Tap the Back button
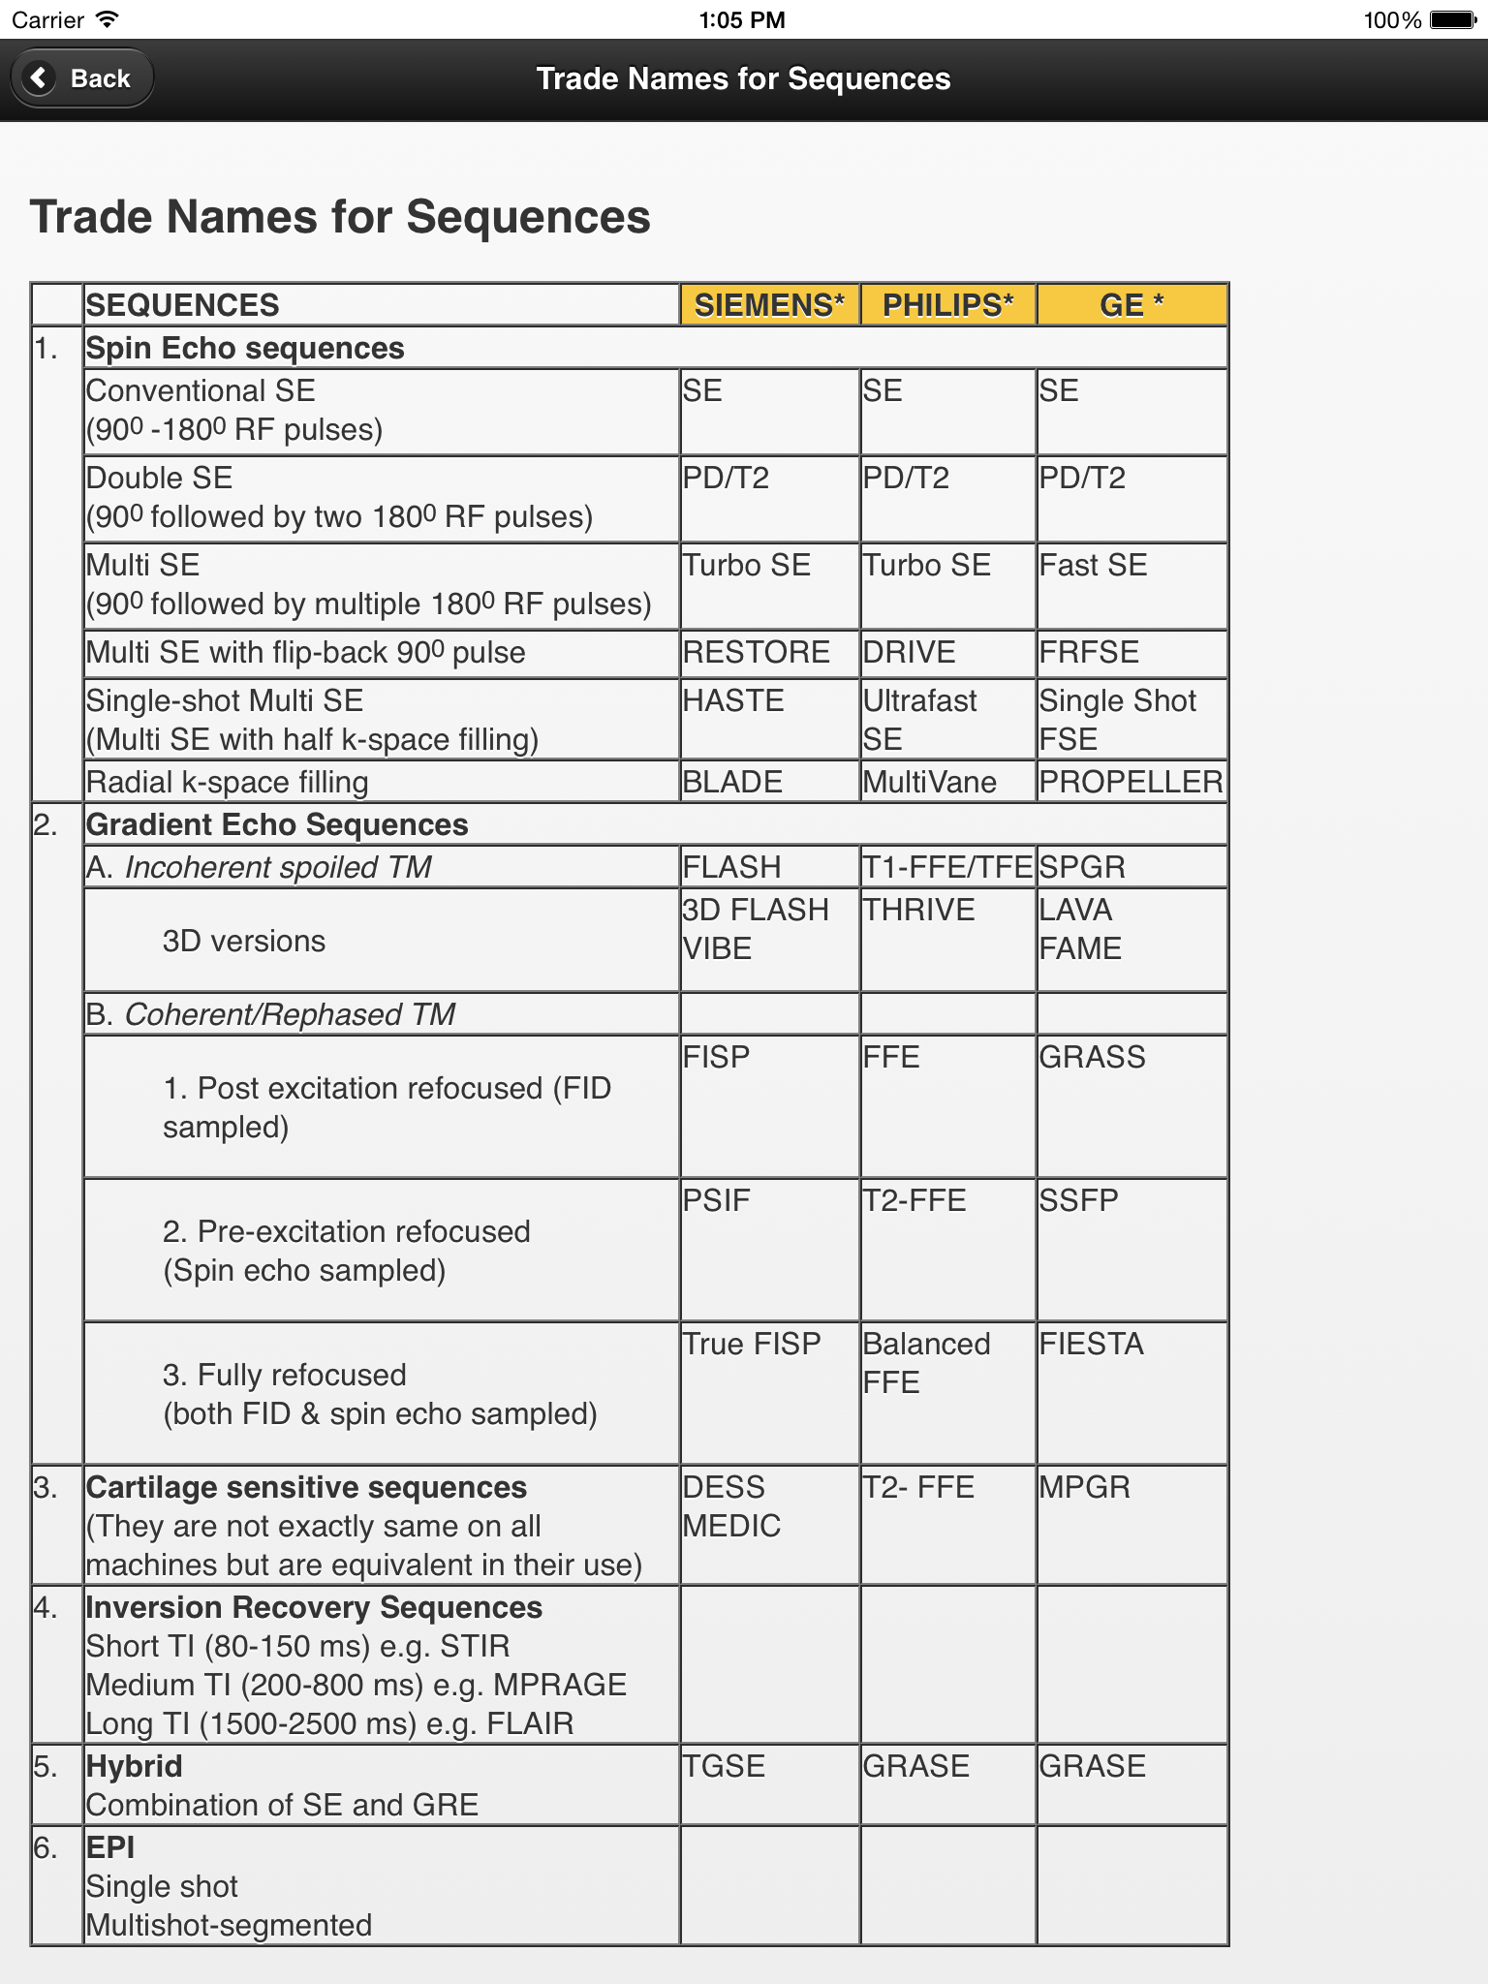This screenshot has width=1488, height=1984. (x=82, y=78)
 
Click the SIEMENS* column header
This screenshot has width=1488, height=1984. (x=769, y=305)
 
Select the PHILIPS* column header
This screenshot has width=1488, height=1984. (x=947, y=305)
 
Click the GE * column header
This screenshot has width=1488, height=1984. (x=1131, y=305)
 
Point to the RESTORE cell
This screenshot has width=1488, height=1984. (x=757, y=652)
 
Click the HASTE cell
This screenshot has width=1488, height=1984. (x=733, y=700)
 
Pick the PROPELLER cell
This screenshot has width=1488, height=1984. (x=1131, y=782)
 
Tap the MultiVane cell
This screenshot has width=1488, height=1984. (x=929, y=782)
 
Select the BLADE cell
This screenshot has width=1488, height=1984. (x=732, y=782)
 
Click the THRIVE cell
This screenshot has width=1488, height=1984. (x=918, y=910)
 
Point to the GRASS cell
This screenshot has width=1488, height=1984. (x=1092, y=1057)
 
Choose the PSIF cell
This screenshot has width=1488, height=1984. (x=717, y=1200)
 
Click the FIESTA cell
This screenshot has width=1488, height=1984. (x=1091, y=1344)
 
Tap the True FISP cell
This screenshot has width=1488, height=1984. (x=752, y=1344)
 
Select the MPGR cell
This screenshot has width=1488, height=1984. (x=1084, y=1487)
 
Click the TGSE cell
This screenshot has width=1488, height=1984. (x=724, y=1766)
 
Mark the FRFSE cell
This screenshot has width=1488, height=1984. (x=1089, y=652)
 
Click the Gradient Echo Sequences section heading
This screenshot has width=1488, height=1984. (x=277, y=824)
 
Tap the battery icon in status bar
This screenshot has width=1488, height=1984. (x=1453, y=20)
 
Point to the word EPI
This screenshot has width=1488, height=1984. (x=110, y=1847)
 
